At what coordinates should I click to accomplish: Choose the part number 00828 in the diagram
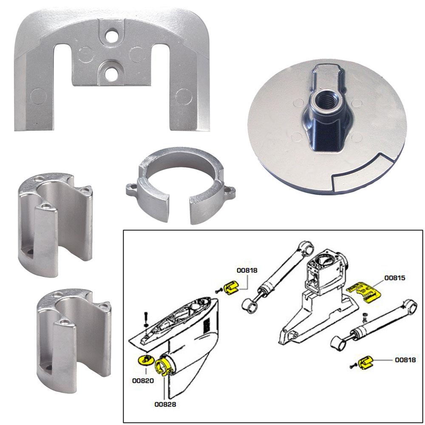pos(164,404)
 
